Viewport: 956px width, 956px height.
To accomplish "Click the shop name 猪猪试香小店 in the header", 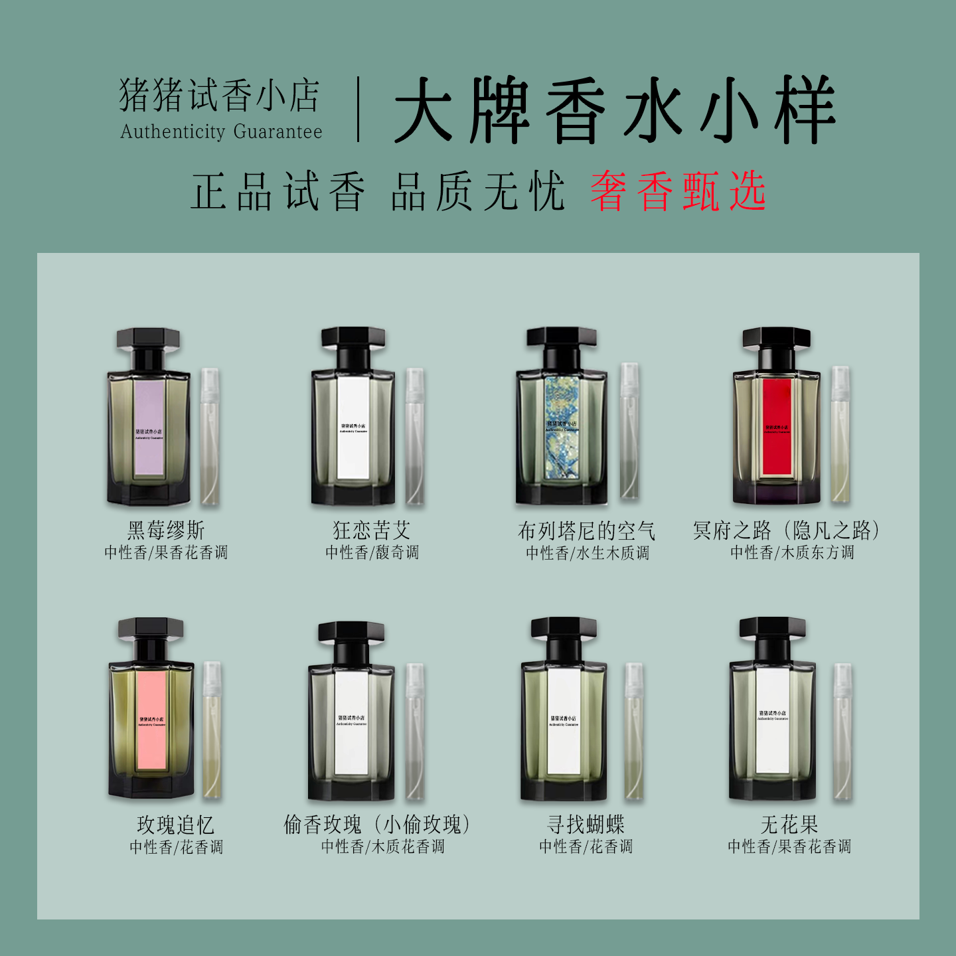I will tap(219, 96).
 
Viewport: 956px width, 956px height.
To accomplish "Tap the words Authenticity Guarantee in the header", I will tap(221, 131).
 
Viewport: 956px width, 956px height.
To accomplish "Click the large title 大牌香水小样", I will tap(614, 110).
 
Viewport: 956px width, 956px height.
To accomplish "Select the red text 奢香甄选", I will tap(678, 191).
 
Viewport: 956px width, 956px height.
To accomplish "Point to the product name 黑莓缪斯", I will tap(166, 530).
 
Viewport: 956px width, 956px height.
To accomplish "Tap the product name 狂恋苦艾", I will tap(372, 530).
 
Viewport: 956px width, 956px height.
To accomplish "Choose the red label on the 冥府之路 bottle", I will tap(776, 427).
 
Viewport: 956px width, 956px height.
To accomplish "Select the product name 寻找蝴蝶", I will tap(586, 825).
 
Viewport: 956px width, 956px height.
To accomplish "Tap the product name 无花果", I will tap(789, 825).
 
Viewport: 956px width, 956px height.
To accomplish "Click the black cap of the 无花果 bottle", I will tap(772, 628).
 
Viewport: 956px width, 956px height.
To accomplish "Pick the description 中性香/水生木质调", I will tap(588, 553).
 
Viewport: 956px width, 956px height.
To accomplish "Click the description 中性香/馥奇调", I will tap(372, 552).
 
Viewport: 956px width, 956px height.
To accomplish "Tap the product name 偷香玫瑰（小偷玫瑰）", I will tap(377, 825).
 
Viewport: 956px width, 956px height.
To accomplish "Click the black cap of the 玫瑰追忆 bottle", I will tap(150, 628).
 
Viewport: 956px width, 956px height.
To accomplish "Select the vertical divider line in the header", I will tap(358, 110).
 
